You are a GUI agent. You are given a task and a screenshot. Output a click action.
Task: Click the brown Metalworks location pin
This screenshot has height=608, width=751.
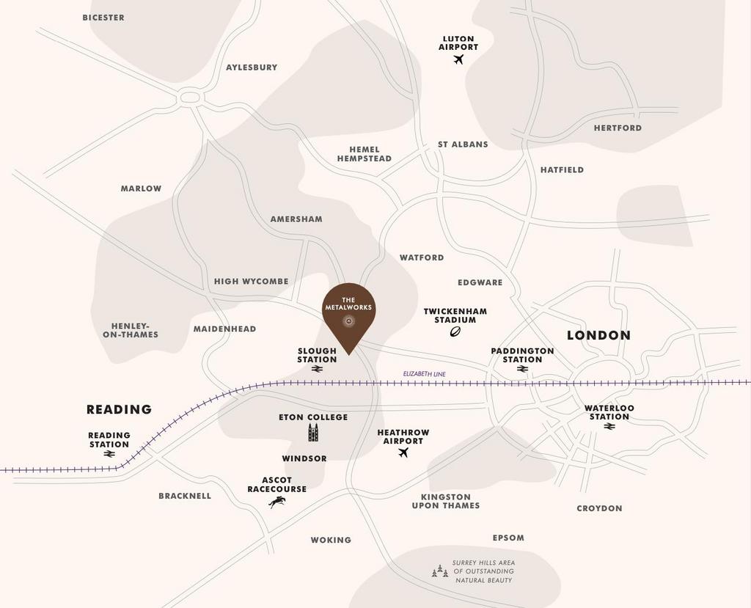(349, 312)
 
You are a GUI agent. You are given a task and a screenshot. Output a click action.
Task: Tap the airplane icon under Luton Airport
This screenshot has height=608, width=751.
(458, 59)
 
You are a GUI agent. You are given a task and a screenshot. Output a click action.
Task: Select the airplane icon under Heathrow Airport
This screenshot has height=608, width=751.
(403, 453)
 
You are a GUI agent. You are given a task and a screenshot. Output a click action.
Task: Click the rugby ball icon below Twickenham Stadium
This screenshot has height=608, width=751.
(455, 332)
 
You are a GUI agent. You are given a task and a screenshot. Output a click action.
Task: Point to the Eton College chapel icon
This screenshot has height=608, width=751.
(313, 433)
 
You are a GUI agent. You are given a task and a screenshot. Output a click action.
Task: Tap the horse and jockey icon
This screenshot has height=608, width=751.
(276, 502)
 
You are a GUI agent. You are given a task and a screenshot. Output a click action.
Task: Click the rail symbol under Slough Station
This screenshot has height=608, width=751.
(317, 370)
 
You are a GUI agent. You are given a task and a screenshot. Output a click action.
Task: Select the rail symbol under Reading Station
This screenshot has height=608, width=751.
(109, 454)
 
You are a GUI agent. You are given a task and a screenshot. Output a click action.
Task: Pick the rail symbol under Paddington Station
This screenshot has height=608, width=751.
(522, 369)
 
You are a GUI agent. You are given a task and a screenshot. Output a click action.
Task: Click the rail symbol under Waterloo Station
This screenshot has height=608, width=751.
(609, 426)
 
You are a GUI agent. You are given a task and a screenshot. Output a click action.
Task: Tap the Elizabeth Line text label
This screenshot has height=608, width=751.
(424, 374)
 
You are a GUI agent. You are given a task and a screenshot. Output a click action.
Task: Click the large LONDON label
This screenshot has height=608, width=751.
(598, 335)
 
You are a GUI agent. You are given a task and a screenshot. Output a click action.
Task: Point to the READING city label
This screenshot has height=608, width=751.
(119, 409)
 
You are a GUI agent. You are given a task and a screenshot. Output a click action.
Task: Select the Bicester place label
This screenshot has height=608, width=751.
(103, 18)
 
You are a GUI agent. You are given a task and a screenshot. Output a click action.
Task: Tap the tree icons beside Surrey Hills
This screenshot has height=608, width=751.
(439, 571)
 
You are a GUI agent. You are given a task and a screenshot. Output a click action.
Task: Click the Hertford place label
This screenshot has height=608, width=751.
(618, 128)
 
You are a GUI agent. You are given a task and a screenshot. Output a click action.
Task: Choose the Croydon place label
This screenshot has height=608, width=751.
(599, 508)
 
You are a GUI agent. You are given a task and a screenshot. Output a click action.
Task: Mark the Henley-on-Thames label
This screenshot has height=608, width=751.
(131, 330)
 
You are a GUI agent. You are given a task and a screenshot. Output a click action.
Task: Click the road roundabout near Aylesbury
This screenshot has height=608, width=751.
(190, 97)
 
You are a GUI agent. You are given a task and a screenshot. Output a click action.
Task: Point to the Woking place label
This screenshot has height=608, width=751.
(331, 540)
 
